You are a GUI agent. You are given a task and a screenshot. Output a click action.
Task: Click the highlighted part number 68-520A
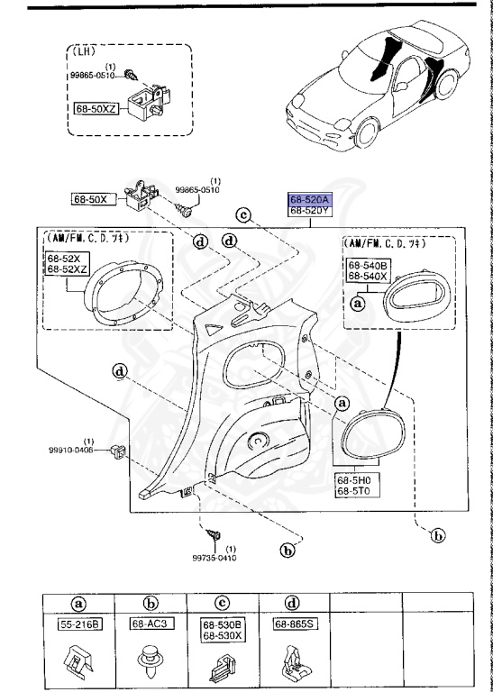point(310,199)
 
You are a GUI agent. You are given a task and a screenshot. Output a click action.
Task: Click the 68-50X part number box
point(91,198)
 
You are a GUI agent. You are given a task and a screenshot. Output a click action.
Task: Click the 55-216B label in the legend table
point(79,624)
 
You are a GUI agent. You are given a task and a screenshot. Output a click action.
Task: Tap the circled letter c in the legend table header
point(224,603)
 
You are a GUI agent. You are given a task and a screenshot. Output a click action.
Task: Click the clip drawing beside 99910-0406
point(117,450)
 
